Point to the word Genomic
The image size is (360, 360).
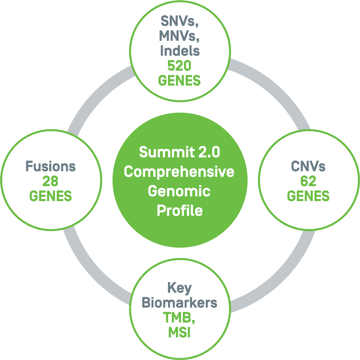point(180,191)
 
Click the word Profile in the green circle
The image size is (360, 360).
point(180,211)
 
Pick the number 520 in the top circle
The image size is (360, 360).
point(179,66)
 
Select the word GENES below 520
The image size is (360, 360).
point(179,81)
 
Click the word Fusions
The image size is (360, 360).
point(51,166)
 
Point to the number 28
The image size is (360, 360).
point(51,181)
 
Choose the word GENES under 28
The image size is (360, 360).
point(51,196)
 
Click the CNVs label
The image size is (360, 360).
point(308,166)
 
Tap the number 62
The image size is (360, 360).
point(308,181)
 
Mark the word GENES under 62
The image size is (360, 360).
point(308,196)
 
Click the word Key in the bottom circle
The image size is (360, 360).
point(179,288)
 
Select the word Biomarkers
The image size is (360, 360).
point(179,303)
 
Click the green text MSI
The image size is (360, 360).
point(179,332)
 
